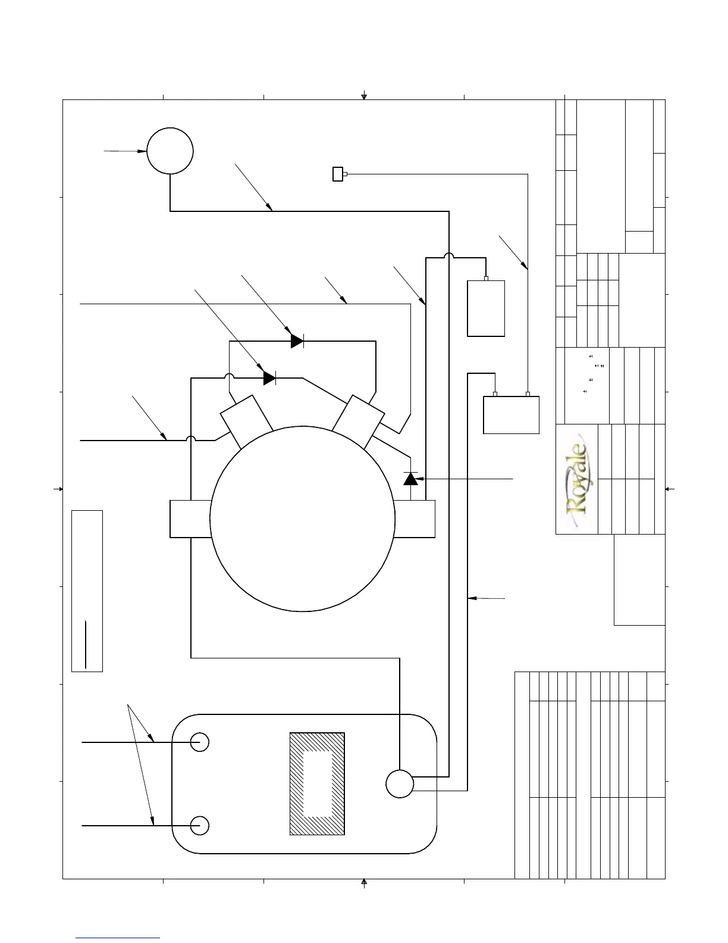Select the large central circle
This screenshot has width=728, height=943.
[x=303, y=519]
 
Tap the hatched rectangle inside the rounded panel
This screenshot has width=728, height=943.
[x=317, y=783]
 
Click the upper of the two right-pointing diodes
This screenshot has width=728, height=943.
[x=297, y=341]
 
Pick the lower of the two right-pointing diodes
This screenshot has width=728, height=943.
[x=269, y=378]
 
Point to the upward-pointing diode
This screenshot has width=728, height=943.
[x=410, y=478]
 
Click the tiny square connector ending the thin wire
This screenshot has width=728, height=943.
[x=338, y=174]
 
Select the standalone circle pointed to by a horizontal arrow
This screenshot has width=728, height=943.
[x=170, y=151]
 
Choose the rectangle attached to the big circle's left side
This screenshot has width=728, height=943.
[x=190, y=519]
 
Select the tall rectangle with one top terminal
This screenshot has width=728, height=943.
[x=486, y=308]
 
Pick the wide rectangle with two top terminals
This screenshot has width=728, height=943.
[x=511, y=415]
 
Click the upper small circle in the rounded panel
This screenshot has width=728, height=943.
[x=200, y=742]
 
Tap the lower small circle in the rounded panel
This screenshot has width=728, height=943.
[x=200, y=826]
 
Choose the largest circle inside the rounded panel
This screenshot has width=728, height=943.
[x=400, y=783]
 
